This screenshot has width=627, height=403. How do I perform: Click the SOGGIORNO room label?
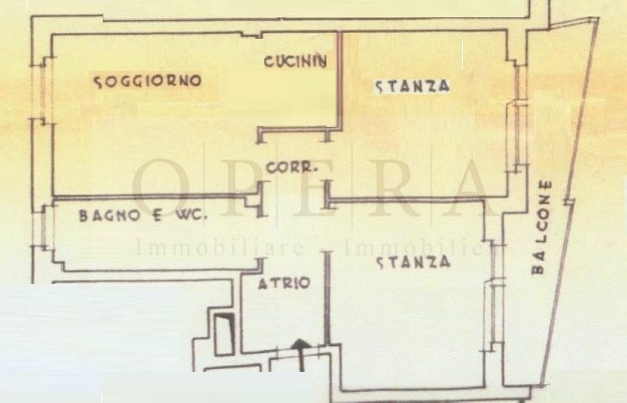148,81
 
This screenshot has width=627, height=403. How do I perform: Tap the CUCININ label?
295,61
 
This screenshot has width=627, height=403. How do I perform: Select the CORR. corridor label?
292,167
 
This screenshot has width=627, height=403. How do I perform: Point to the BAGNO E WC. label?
143,216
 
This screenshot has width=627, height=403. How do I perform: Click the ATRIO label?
284,284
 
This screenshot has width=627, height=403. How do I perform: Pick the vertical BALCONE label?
542,228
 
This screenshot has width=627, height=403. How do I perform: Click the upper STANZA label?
413,86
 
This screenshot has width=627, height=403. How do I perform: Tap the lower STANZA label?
414,262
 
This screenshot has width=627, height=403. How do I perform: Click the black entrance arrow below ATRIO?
301,355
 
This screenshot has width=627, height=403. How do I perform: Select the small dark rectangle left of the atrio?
224,334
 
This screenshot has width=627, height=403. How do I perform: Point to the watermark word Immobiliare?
219,247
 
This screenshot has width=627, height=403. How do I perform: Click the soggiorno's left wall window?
42,91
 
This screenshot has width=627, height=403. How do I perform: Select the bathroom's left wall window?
43,228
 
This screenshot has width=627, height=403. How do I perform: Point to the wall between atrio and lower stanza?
327,299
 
